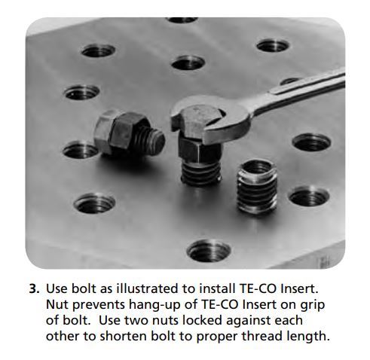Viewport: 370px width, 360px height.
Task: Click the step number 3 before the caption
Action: tap(34, 288)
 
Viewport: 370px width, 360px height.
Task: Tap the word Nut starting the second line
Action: tap(57, 304)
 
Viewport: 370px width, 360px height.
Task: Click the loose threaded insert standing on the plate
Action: tap(257, 187)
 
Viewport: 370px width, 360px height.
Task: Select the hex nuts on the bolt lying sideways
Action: tap(116, 133)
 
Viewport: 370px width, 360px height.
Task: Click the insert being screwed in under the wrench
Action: tap(201, 173)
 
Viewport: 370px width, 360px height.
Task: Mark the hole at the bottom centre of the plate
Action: tap(209, 251)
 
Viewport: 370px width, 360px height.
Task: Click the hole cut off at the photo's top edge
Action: tap(182, 20)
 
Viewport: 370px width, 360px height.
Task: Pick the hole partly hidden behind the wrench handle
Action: tap(289, 81)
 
